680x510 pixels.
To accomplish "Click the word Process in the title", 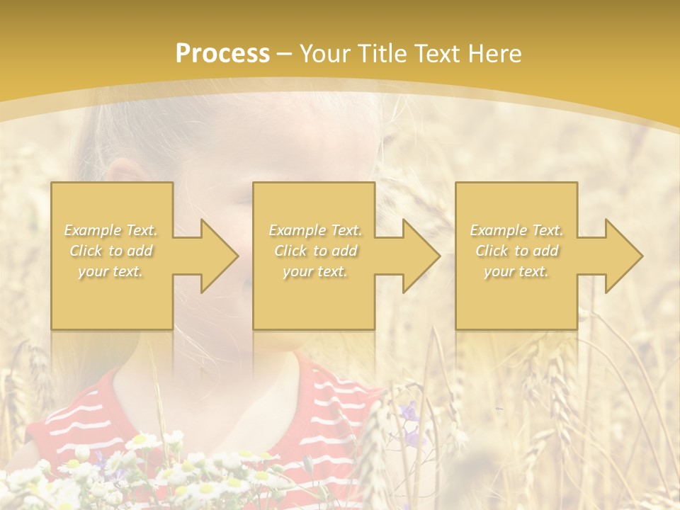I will (222, 54).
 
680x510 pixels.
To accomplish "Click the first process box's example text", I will (111, 251).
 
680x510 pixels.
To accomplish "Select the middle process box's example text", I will (315, 251).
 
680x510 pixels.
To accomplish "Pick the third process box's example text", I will (517, 251).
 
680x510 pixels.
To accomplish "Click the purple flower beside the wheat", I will (409, 411).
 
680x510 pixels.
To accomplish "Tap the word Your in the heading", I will (323, 54).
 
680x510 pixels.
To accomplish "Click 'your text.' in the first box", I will (111, 271).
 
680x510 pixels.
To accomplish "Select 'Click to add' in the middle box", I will (315, 251).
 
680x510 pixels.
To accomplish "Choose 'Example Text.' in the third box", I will (517, 230).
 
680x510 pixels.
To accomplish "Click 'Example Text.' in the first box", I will (111, 230).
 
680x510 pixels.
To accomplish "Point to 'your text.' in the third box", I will (517, 271).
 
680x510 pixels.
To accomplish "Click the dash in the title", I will (285, 54).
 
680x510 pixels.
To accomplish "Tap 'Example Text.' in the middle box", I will (315, 230).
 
